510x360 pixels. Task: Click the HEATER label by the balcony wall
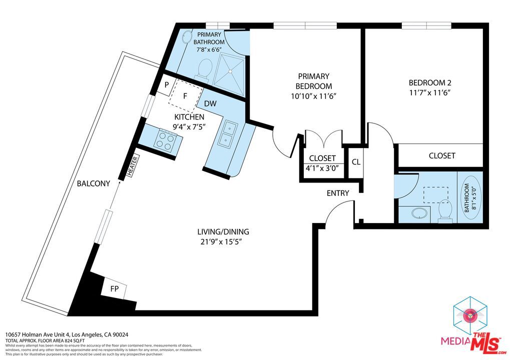[x=133, y=165]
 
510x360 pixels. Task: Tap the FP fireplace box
[x=114, y=288]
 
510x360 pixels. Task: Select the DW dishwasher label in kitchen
[x=210, y=103]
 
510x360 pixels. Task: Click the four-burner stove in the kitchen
[x=163, y=140]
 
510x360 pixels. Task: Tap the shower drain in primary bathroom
[x=230, y=71]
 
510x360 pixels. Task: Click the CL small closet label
[x=356, y=162]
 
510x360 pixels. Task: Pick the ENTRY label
[x=338, y=193]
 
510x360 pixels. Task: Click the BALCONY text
[x=94, y=183]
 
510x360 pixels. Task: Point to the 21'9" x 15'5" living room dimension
[x=221, y=242]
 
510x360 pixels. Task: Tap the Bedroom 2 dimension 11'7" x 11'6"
[x=429, y=93]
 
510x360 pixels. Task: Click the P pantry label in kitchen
[x=167, y=85]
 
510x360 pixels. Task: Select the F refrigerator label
[x=185, y=96]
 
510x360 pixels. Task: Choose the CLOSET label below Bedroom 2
[x=442, y=155]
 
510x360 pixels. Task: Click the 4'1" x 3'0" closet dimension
[x=322, y=168]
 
